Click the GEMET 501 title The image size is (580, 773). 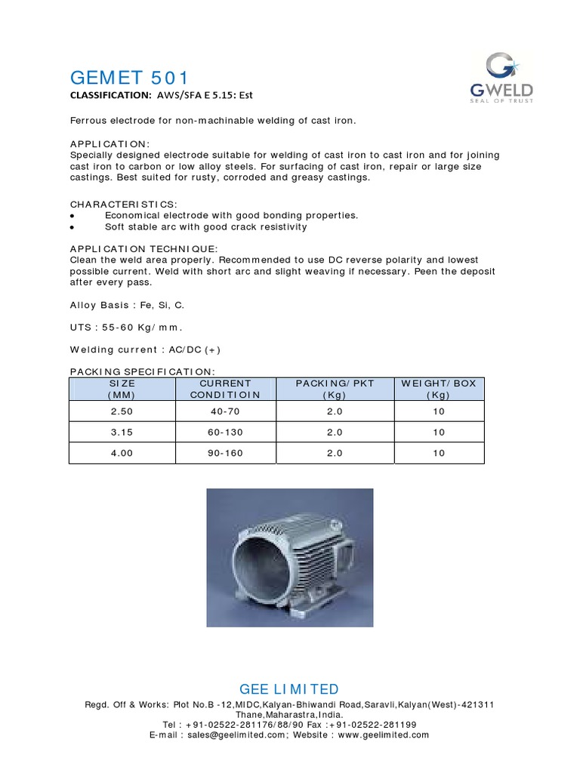click(x=129, y=78)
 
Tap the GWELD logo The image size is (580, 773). click(x=499, y=75)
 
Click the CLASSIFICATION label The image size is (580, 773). click(x=110, y=95)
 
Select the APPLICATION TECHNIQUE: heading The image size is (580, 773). click(x=143, y=248)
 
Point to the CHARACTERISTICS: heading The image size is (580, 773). click(x=124, y=205)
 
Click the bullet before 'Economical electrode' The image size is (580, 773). click(x=72, y=216)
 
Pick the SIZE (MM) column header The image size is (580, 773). click(x=122, y=389)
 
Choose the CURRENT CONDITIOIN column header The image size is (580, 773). click(x=225, y=389)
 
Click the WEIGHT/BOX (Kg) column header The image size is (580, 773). click(x=438, y=389)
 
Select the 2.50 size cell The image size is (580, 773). click(x=122, y=411)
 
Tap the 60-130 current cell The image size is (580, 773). click(x=225, y=433)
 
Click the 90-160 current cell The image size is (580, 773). click(x=225, y=453)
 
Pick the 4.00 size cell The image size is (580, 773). click(x=122, y=453)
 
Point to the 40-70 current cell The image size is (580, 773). click(x=225, y=411)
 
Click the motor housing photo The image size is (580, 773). click(x=290, y=557)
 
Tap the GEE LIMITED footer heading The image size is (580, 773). click(x=289, y=689)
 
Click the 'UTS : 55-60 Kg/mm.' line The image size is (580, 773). click(x=127, y=328)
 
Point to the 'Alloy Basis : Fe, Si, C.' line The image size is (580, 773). click(x=127, y=305)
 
